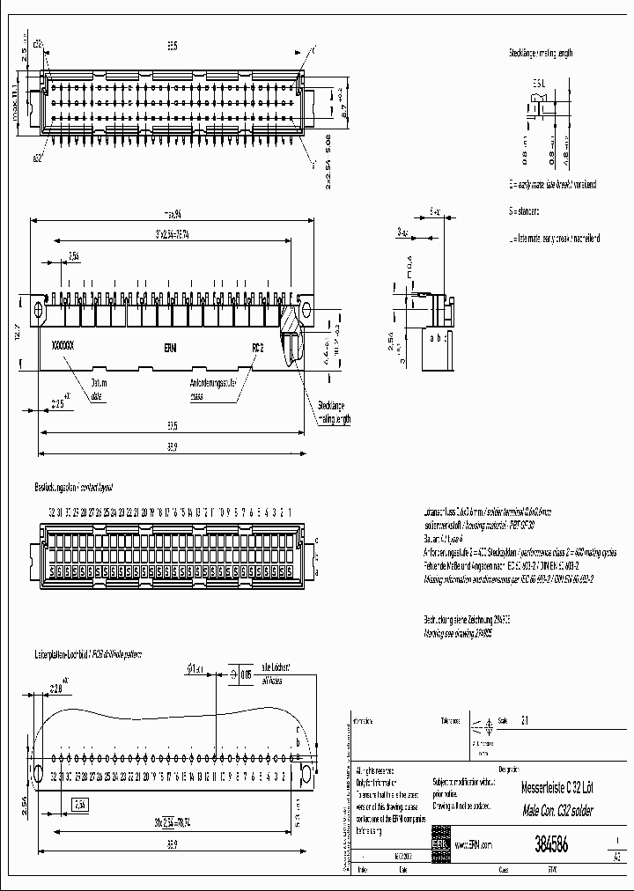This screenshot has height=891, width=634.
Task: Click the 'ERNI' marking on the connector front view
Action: point(169,347)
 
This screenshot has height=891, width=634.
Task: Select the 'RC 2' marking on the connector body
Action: point(258,347)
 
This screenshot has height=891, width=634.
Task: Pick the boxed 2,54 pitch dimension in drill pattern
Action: point(79,803)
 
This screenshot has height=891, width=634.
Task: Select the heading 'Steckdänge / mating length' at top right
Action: point(540,53)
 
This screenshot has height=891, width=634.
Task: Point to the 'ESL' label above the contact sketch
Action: point(539,84)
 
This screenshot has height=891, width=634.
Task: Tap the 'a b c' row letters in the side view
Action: point(436,336)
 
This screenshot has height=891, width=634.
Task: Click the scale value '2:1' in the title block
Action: point(527,719)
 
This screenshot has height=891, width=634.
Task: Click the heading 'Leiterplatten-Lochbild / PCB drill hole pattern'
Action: point(87,655)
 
